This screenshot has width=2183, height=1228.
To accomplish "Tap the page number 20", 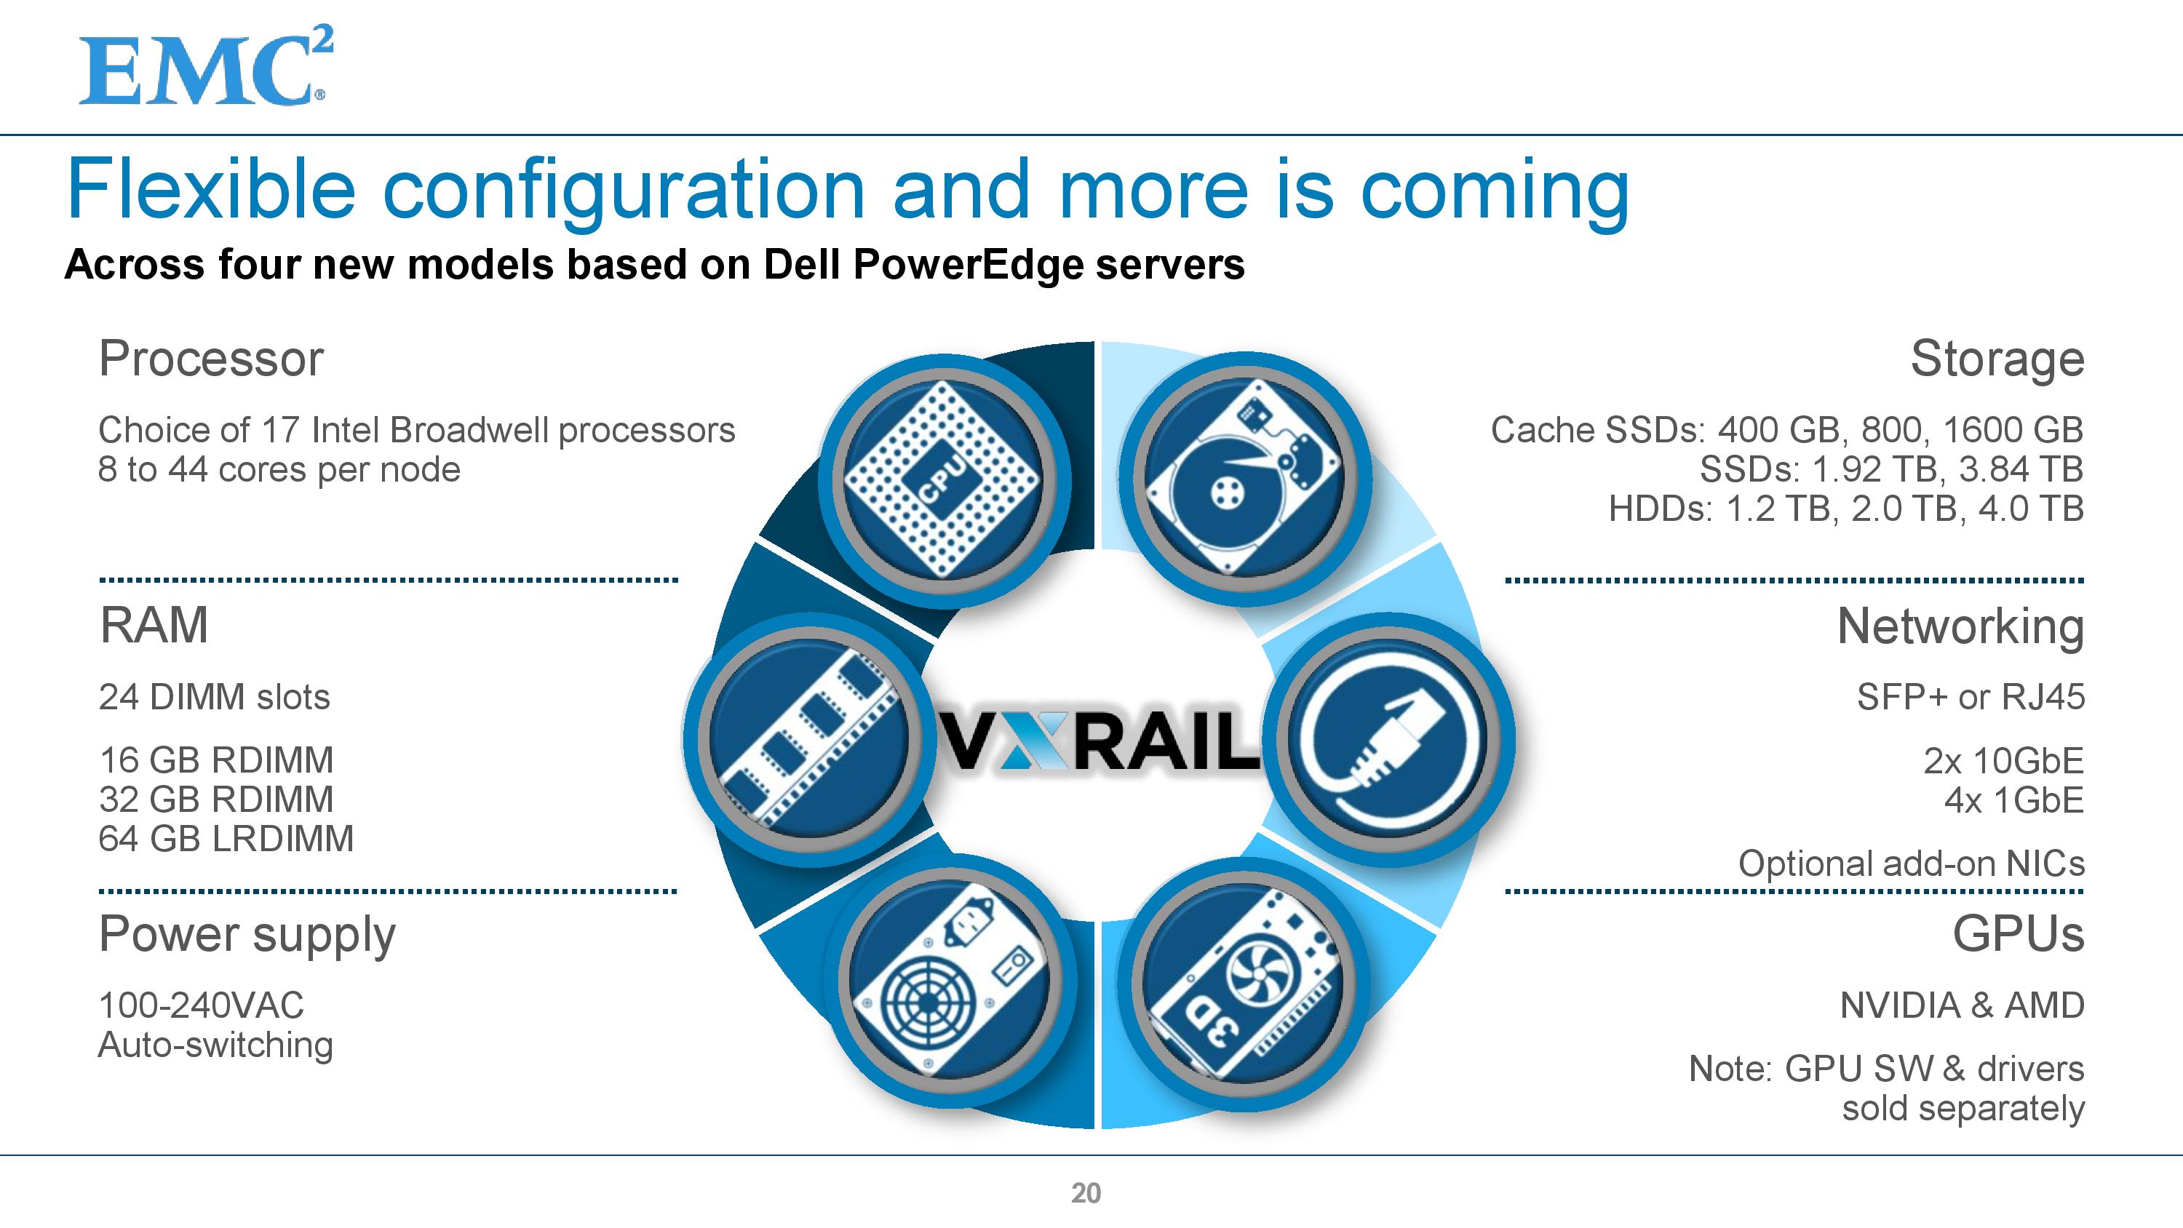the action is click(x=1086, y=1192).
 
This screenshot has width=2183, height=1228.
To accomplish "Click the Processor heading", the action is click(x=211, y=359).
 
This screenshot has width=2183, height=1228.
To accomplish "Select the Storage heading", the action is click(x=1997, y=359).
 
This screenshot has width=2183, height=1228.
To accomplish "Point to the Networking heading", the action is click(x=1960, y=626).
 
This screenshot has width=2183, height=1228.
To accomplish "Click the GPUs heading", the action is click(x=2018, y=934).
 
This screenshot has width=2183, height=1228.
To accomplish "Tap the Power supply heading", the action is click(x=247, y=936).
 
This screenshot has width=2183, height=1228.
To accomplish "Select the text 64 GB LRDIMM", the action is click(x=226, y=838).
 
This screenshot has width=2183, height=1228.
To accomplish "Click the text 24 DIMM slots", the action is click(x=213, y=697).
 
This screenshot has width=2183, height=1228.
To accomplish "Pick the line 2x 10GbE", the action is click(x=2003, y=760).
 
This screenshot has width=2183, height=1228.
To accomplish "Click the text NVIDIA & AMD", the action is click(x=1962, y=1005).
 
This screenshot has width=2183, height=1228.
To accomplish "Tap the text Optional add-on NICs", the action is click(x=1911, y=864).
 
